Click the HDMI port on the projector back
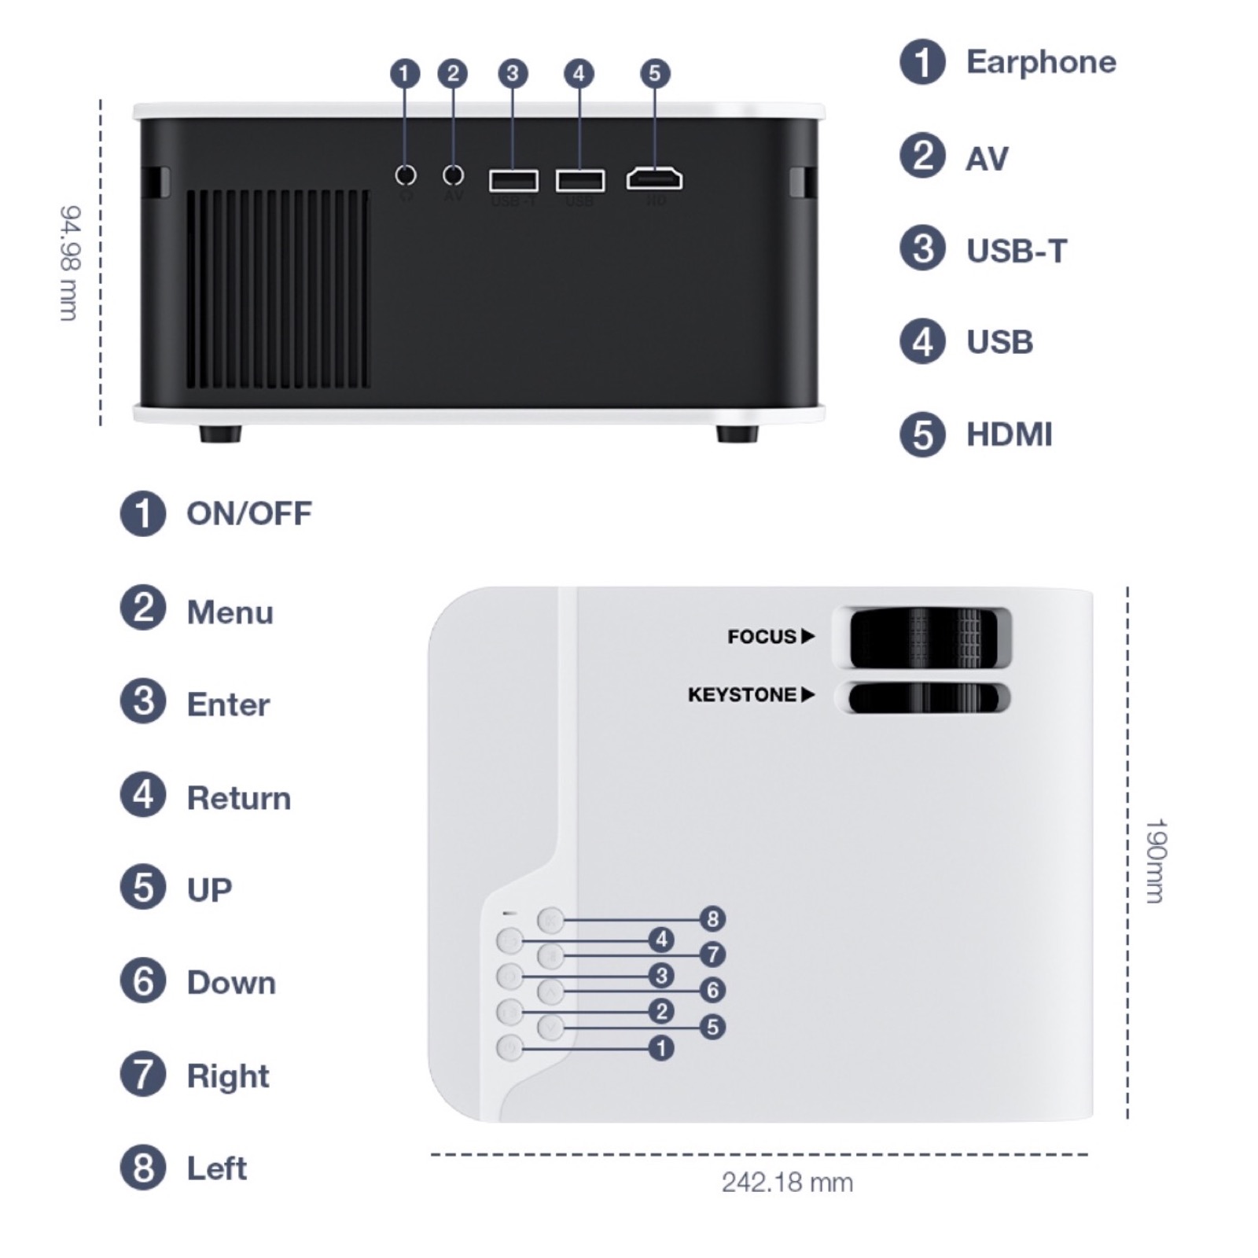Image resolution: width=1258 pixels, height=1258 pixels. (x=654, y=179)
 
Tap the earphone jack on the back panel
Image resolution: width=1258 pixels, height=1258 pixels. (x=406, y=175)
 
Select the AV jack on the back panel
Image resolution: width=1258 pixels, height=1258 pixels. (x=454, y=175)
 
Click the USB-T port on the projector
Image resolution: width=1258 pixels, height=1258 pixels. (x=513, y=181)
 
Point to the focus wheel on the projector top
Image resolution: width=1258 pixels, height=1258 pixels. (x=925, y=636)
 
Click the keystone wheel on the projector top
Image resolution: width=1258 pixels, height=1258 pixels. (x=925, y=697)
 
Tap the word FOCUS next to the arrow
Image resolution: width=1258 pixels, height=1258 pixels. (x=761, y=636)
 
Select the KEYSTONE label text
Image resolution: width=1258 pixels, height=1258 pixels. (x=741, y=695)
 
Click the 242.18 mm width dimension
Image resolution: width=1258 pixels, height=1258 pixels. (x=787, y=1183)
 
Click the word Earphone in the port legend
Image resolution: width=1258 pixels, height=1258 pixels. (x=1040, y=62)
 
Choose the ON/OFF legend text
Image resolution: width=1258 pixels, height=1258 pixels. (x=248, y=513)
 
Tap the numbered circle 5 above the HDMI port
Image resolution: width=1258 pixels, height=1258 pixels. (x=655, y=74)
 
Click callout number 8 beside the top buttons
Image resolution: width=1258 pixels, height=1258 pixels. (x=712, y=918)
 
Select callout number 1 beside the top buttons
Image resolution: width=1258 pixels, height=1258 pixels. (x=661, y=1048)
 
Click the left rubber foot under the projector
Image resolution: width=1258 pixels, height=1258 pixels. (x=220, y=433)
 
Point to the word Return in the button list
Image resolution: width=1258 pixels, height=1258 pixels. (x=238, y=798)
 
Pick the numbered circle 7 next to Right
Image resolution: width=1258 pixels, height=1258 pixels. (x=143, y=1074)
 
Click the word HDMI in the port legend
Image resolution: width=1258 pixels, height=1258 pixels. (x=1009, y=435)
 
